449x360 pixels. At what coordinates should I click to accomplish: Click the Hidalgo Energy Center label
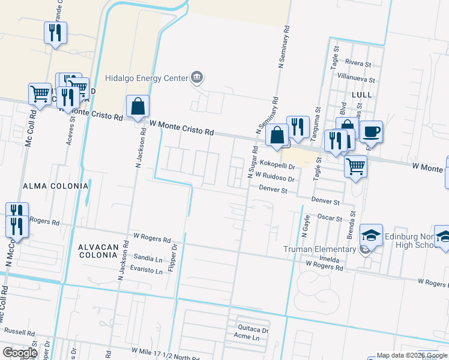(x=146, y=78)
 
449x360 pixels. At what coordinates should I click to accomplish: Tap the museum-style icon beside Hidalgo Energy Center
(x=197, y=77)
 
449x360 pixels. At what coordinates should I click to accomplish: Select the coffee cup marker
(x=372, y=132)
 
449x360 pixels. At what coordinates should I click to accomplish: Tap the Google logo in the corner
(x=20, y=352)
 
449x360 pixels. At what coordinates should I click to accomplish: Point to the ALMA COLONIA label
(x=55, y=187)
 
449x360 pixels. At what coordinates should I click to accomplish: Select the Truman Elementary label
(x=321, y=250)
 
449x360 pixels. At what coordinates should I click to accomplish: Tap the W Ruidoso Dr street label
(x=274, y=178)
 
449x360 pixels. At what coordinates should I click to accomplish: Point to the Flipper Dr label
(x=174, y=256)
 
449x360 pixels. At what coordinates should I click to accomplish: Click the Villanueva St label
(x=356, y=79)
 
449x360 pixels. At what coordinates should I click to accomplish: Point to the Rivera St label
(x=360, y=62)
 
